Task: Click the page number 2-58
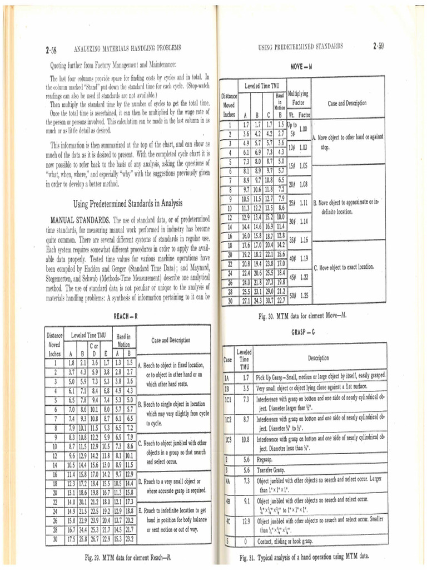pos(49,50)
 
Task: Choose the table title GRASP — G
pos(302,332)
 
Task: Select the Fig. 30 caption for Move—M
pos(302,316)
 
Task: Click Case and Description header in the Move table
pos(347,103)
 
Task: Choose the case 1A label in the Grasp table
pos(227,377)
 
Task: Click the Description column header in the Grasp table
pos(317,358)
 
